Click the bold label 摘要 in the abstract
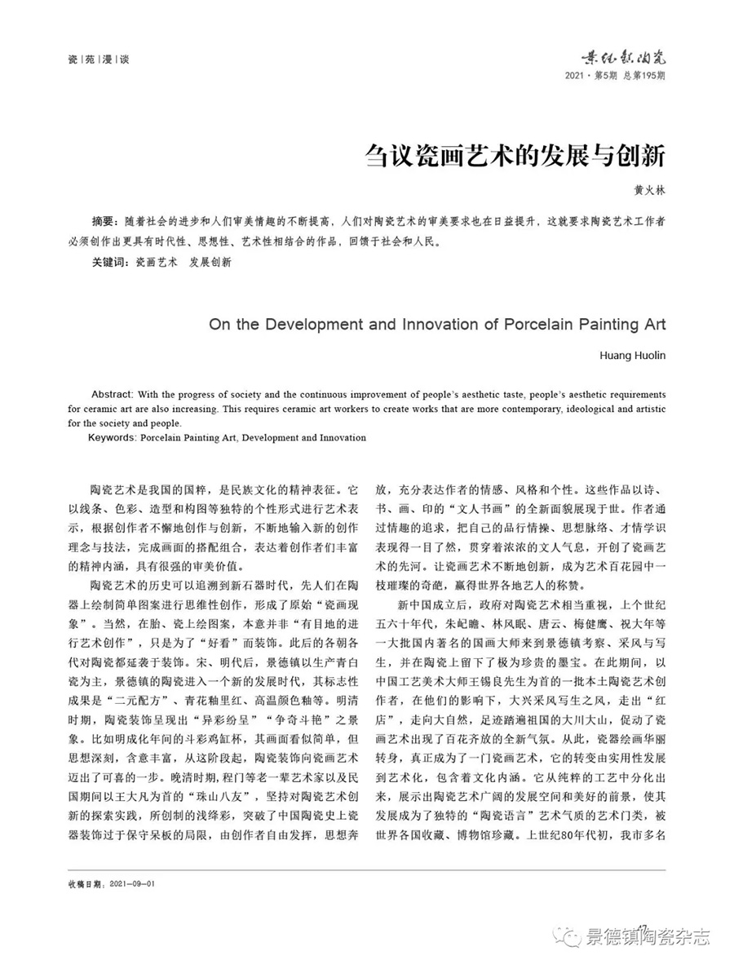[104, 222]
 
